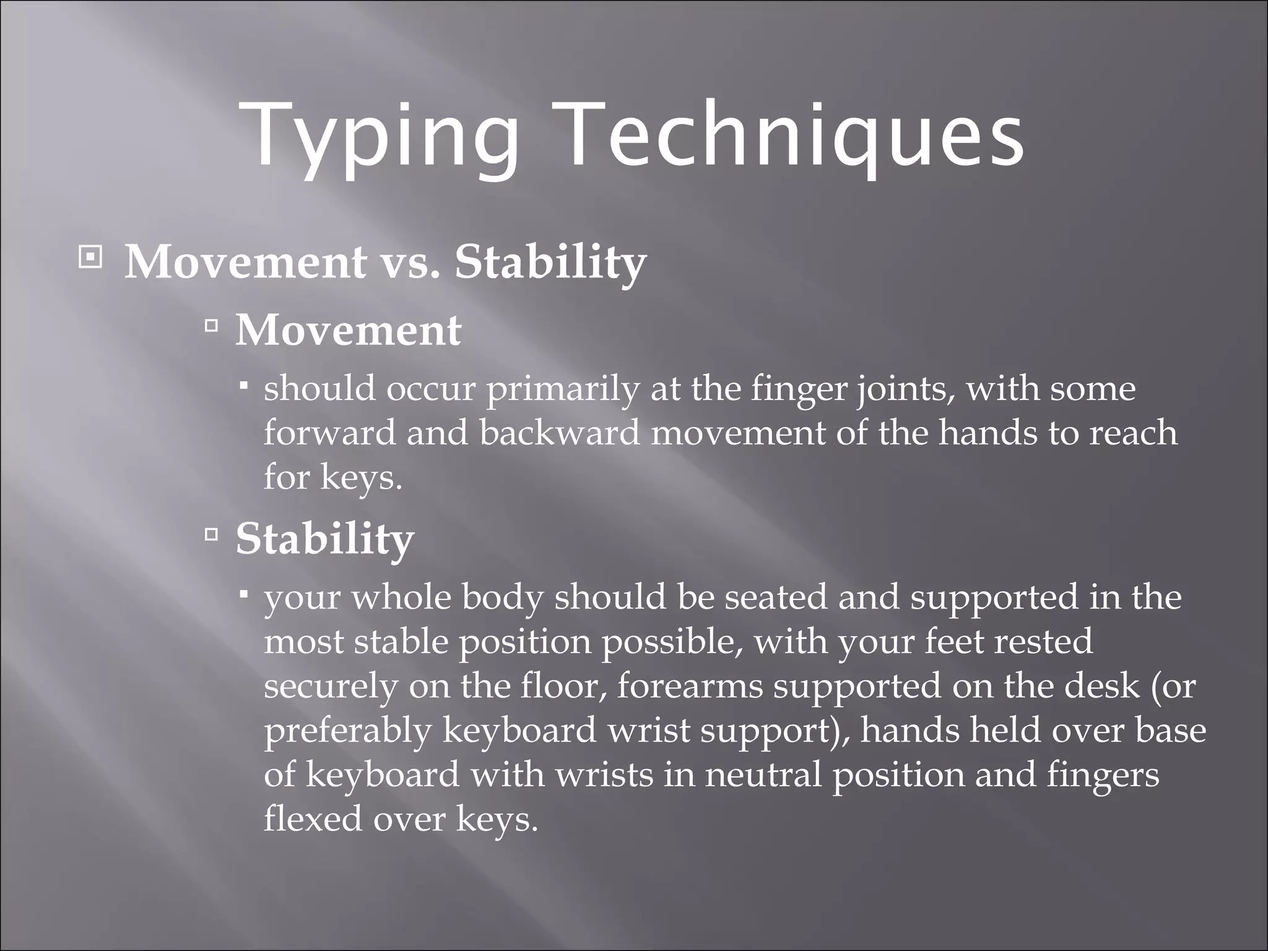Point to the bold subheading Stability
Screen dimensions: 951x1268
[x=324, y=539]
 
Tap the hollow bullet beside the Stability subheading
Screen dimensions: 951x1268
[x=211, y=533]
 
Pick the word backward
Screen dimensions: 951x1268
[x=559, y=432]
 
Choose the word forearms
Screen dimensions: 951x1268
[x=690, y=686]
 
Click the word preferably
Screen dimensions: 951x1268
[x=347, y=731]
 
